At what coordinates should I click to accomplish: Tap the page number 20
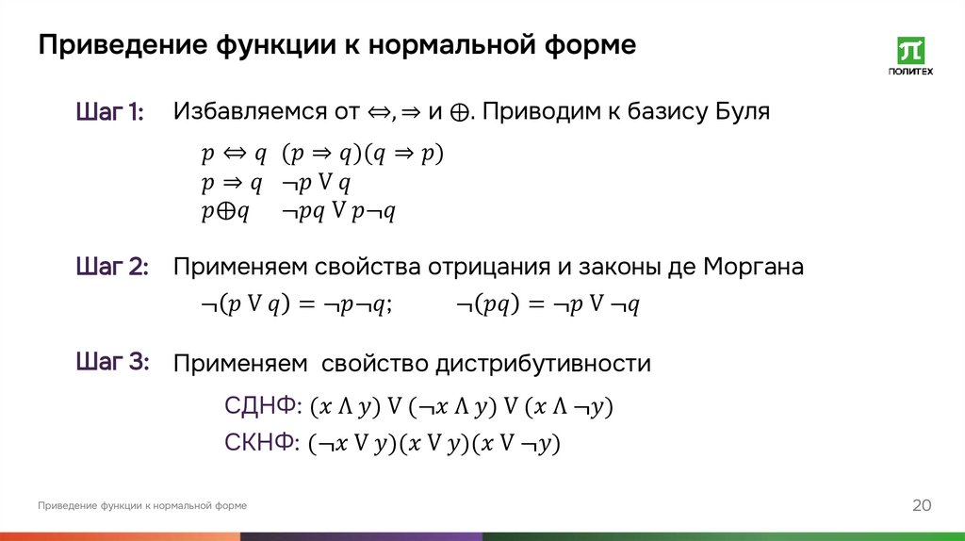(921, 506)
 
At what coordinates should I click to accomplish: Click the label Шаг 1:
(109, 113)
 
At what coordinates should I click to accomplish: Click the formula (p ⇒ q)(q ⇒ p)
(363, 154)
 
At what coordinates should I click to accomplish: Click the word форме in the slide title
(592, 45)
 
